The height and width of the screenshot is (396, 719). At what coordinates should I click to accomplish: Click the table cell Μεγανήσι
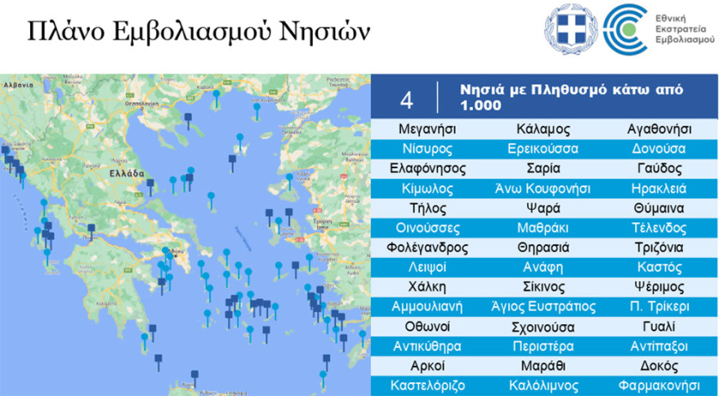pyautogui.click(x=427, y=129)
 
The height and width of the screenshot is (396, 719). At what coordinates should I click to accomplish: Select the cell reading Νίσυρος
pyautogui.click(x=427, y=149)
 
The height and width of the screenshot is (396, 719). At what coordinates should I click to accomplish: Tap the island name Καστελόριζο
pyautogui.click(x=428, y=385)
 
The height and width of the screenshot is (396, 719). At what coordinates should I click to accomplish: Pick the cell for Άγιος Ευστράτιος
pyautogui.click(x=544, y=306)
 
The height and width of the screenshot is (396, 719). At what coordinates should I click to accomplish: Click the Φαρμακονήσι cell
pyautogui.click(x=659, y=385)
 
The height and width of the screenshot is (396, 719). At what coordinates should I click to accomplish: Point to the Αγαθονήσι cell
pyautogui.click(x=659, y=129)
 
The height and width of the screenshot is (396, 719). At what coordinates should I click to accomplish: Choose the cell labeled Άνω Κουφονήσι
pyautogui.click(x=544, y=188)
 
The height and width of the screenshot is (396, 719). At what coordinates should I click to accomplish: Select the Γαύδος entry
pyautogui.click(x=659, y=168)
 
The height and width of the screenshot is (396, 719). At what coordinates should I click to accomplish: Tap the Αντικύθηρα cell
pyautogui.click(x=428, y=346)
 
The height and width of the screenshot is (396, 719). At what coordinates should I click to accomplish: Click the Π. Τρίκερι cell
pyautogui.click(x=659, y=306)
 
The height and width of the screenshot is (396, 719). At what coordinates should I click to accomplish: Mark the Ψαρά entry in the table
pyautogui.click(x=544, y=207)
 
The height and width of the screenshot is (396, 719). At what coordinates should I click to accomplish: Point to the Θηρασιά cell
pyautogui.click(x=544, y=247)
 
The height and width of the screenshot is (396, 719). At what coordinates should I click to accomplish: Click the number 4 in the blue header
pyautogui.click(x=406, y=100)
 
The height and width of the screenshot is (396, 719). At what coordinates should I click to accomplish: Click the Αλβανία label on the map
pyautogui.click(x=17, y=84)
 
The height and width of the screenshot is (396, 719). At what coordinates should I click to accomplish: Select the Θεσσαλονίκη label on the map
pyautogui.click(x=135, y=105)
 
